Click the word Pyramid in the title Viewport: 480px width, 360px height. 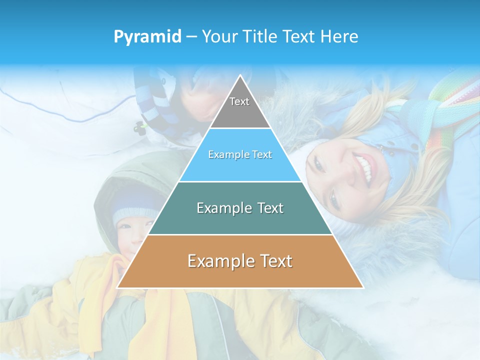tap(147, 37)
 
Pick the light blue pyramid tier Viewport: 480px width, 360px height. tap(240, 155)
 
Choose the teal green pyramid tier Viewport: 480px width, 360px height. tap(240, 208)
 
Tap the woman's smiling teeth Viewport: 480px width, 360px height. tap(364, 168)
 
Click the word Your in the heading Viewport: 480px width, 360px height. tap(219, 36)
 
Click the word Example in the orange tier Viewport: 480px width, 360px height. tap(217, 261)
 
